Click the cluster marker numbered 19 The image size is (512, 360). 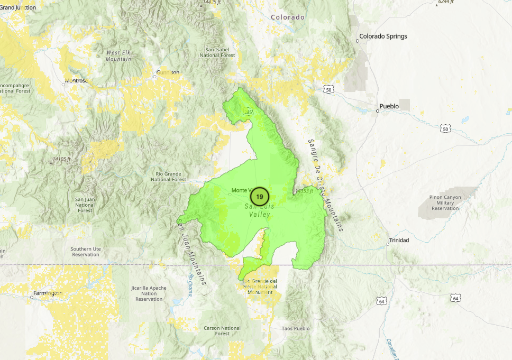(x=259, y=196)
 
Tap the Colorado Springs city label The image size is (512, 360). (x=383, y=36)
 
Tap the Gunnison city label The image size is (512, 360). (x=168, y=72)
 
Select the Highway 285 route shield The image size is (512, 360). (x=247, y=112)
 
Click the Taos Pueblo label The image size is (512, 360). (x=295, y=328)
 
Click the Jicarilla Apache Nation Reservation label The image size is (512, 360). (x=149, y=293)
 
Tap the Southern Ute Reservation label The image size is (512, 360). (x=85, y=251)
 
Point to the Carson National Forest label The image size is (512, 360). (x=222, y=331)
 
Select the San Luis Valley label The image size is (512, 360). (x=258, y=211)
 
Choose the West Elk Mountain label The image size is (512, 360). (x=118, y=56)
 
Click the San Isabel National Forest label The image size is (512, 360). (x=220, y=52)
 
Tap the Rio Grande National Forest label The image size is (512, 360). (x=169, y=177)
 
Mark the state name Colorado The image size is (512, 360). (x=288, y=17)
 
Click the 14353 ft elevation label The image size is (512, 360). (x=305, y=191)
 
